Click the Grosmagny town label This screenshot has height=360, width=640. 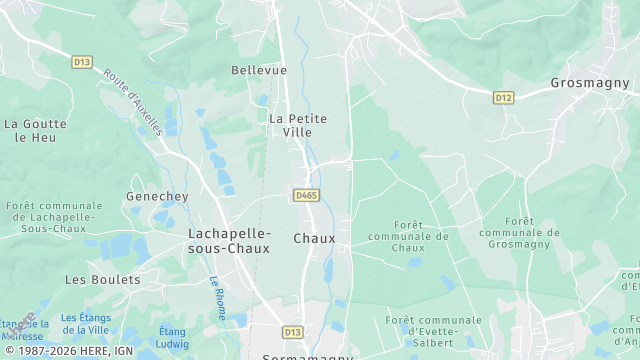(588, 83)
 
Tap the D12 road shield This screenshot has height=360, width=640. (503, 97)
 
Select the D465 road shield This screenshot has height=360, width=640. (306, 195)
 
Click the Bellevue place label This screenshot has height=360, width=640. (259, 70)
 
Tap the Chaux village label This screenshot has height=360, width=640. (314, 238)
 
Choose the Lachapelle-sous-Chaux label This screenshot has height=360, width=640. (229, 240)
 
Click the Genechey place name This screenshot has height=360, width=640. (151, 196)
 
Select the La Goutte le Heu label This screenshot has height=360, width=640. (35, 131)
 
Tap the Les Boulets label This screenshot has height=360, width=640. (103, 279)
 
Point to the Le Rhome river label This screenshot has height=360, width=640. (218, 297)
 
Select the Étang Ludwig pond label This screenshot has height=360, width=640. (172, 337)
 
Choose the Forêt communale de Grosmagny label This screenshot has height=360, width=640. (518, 233)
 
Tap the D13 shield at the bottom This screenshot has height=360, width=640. (292, 332)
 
